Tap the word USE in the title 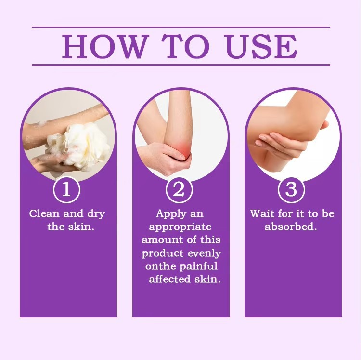pos(262,46)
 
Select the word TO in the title pos(186,46)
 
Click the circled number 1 pos(67,189)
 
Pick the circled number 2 pos(179,189)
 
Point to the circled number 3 pos(291,189)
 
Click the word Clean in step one pos(44,213)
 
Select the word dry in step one pos(96,214)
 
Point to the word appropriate pos(180,227)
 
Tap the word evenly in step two pos(204,254)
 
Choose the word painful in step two pos(198,267)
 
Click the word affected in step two pos(170,279)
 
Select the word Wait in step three pos(262,213)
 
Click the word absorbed pos(291,227)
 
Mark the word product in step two pos(163,254)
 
